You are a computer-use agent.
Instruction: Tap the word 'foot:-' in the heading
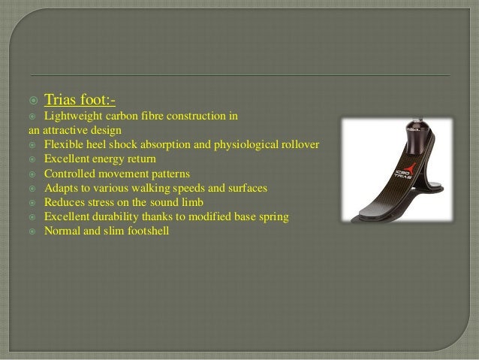(99, 99)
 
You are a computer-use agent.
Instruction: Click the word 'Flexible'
(63, 144)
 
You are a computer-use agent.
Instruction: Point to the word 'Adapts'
(61, 188)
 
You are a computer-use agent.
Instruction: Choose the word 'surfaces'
(246, 188)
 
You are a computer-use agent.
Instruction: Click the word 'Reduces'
(64, 203)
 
